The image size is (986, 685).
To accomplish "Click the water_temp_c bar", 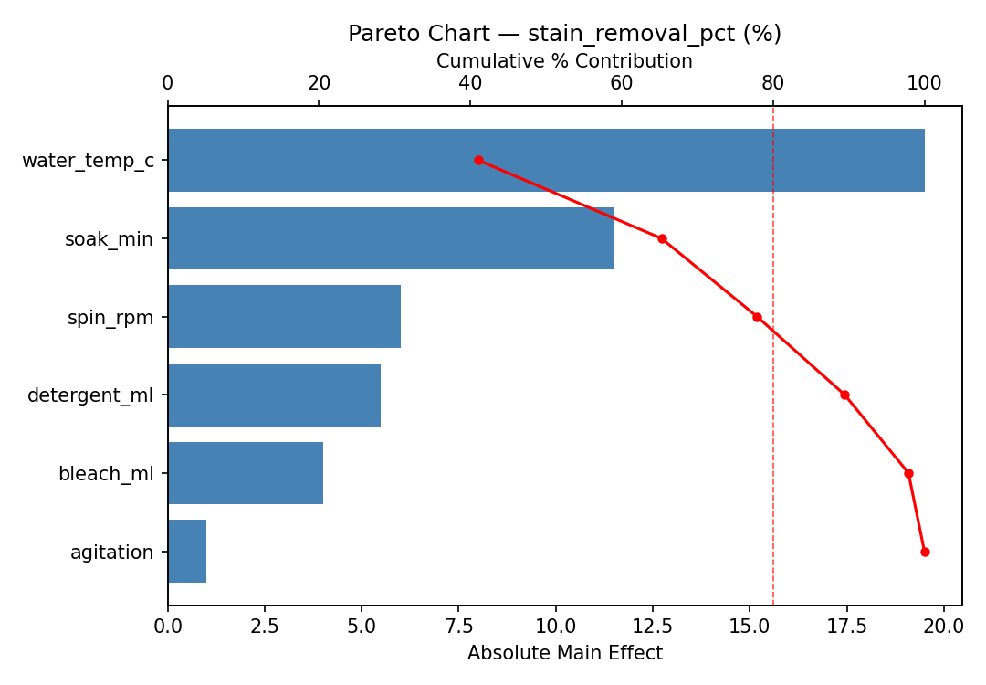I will pos(546,160).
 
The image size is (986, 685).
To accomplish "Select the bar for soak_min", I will pos(390,238).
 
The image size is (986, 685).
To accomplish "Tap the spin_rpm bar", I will pos(284,317).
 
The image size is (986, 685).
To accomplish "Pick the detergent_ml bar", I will pos(274,395).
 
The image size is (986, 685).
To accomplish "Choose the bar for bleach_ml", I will pos(245,473).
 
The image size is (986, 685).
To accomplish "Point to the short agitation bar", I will pos(187,552).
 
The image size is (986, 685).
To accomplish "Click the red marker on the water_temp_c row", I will pos(478,160).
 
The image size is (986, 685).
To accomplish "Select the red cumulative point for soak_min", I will pos(662,238).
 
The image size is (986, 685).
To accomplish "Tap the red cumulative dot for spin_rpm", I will pos(757,317).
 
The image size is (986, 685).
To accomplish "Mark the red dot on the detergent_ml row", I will pos(844,395).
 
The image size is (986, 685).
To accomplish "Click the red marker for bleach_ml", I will pos(908,473).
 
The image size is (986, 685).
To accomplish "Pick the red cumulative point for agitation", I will pos(925,552).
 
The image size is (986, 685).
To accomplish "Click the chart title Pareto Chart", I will pos(564,34).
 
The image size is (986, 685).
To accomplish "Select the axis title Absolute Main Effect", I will pos(564,653).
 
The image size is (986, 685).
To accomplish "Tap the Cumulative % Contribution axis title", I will pos(564,61).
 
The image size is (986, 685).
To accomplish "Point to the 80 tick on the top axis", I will pos(773,83).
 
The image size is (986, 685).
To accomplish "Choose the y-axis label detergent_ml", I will pos(90,395).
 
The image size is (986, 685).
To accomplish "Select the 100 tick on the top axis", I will pos(924,83).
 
